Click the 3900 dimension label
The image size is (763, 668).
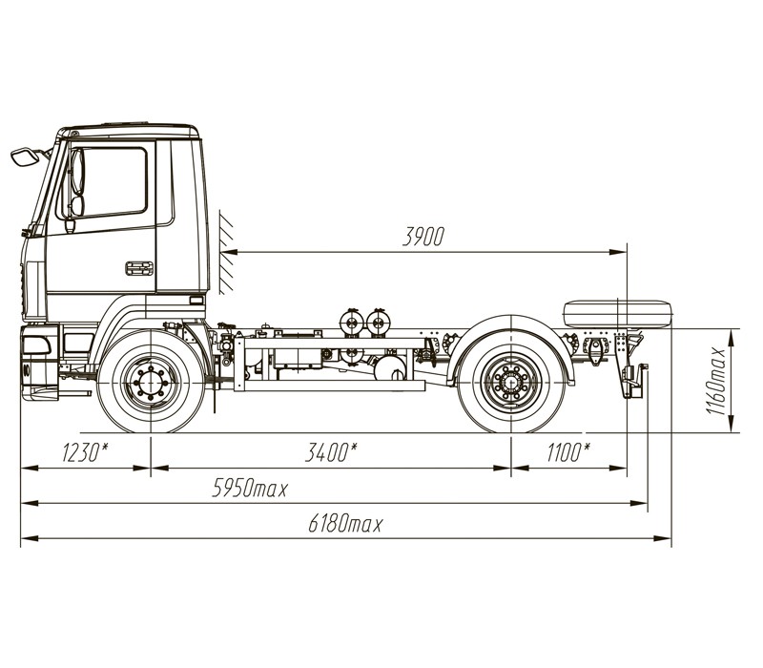423,237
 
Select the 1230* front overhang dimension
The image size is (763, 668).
85,452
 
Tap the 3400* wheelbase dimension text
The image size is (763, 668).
331,452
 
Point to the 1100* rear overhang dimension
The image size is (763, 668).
568,452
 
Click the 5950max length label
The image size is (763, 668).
250,488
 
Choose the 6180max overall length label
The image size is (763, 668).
345,524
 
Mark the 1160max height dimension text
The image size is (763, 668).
716,381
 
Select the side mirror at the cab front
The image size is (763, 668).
25,157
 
